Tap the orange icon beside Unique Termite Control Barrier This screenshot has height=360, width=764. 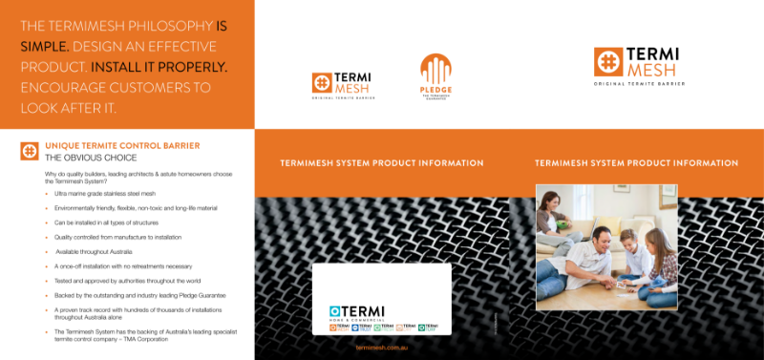tap(29, 151)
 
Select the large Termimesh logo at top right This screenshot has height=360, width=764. tap(636, 67)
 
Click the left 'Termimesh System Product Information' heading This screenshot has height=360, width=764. tap(381, 163)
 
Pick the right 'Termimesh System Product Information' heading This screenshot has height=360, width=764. tap(636, 163)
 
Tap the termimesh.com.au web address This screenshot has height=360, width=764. tap(381, 348)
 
